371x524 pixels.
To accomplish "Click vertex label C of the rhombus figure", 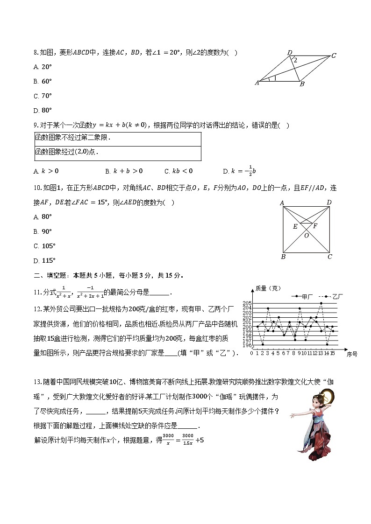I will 334,56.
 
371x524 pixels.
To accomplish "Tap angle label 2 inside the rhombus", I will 295,60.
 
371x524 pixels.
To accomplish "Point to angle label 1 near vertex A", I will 275,78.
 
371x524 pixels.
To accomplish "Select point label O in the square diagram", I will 307,236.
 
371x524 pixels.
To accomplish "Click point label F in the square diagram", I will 315,226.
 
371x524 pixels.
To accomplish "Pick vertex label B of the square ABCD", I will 283,257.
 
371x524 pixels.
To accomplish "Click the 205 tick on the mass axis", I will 247,303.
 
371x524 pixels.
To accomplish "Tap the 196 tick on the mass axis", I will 247,345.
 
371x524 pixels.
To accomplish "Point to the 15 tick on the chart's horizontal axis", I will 332,353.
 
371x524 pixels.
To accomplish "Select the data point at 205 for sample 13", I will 321,303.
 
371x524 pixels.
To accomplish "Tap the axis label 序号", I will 352,355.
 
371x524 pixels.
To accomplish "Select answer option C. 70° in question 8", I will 43,96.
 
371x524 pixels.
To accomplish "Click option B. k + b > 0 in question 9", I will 124,171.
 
